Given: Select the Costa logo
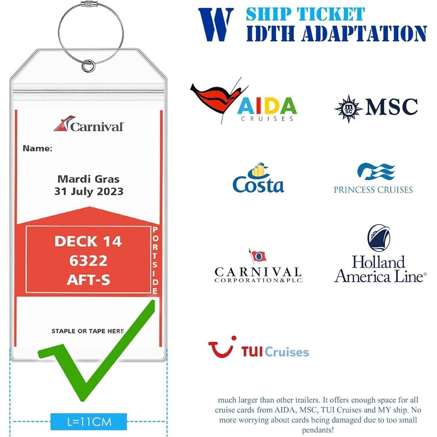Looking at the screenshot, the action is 258,178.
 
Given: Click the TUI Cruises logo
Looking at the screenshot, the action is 258,347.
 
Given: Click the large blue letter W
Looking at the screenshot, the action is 216,25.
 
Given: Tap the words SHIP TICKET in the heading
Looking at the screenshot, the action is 305,14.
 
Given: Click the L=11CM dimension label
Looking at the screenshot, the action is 89,422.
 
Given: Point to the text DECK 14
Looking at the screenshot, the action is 88,242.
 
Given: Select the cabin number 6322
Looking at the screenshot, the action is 88,260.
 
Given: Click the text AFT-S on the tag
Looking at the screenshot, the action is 89,280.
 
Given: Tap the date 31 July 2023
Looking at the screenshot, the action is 89,191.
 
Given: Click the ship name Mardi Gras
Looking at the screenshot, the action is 89,179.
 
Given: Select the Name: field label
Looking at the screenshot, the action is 38,149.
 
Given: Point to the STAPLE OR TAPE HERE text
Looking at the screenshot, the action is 88,331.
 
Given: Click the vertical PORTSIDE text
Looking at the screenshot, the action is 155,260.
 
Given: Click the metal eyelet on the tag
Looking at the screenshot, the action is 88,66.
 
